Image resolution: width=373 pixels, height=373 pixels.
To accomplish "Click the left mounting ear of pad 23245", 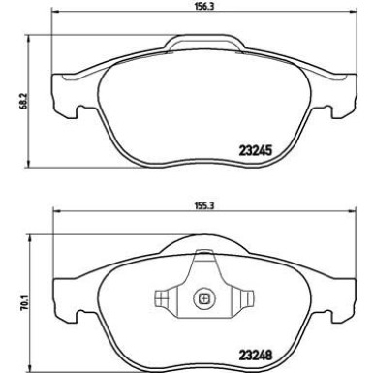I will click(66, 91).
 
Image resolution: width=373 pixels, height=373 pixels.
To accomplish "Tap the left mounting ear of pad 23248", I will click(66, 291).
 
